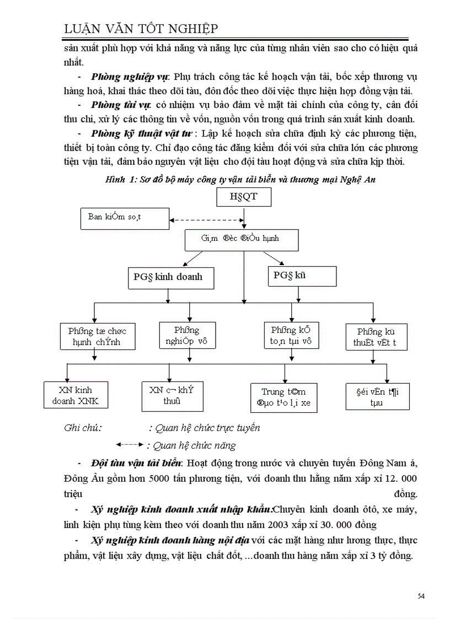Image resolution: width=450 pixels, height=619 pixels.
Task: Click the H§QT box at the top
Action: [x=243, y=197]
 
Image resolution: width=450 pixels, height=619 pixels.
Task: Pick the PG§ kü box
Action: [x=302, y=276]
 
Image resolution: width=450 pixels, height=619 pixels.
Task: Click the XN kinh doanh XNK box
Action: [x=76, y=395]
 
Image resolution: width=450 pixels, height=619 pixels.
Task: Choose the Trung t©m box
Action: [x=284, y=397]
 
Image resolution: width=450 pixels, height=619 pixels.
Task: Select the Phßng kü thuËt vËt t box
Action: [x=378, y=337]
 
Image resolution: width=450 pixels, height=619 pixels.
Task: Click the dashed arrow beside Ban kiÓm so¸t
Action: [x=206, y=220]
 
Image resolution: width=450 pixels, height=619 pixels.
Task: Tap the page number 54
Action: [x=421, y=596]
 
